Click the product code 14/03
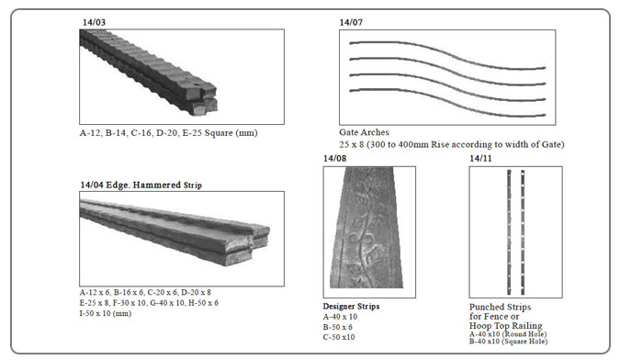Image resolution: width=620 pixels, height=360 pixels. (x=94, y=22)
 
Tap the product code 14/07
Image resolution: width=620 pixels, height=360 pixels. (x=351, y=22)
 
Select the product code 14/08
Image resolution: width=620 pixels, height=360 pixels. (x=334, y=158)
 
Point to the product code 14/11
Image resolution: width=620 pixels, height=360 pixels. (x=480, y=158)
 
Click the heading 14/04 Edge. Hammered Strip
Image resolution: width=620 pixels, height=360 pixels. (x=141, y=185)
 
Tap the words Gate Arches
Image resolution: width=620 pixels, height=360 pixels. (x=364, y=132)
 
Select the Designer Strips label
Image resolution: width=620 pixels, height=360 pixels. (x=351, y=306)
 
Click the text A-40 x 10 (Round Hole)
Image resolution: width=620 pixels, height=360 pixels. (x=508, y=334)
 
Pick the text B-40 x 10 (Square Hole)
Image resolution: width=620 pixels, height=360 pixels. (x=509, y=341)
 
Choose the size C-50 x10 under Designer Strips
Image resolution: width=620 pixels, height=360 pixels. (x=339, y=337)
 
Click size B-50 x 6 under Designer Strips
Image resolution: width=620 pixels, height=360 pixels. (x=337, y=327)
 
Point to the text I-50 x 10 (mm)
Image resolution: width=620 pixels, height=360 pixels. (x=106, y=313)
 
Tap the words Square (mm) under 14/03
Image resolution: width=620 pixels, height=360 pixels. (x=231, y=133)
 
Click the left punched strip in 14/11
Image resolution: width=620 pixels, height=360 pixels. (x=509, y=232)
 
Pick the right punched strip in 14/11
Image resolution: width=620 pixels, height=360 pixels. (x=523, y=232)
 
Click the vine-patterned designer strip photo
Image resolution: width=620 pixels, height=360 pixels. (x=367, y=227)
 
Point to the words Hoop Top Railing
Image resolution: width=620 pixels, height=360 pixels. (x=505, y=326)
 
